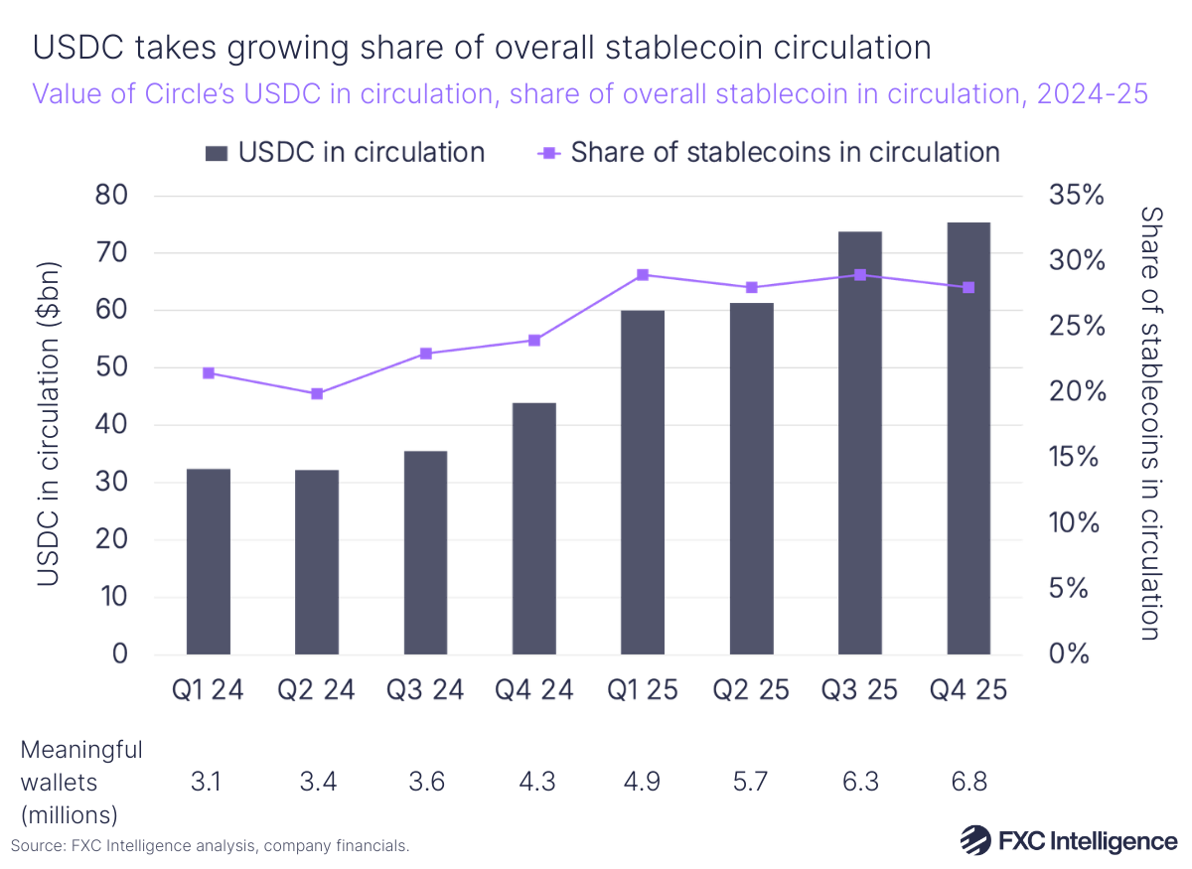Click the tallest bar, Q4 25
point(968,439)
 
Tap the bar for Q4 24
point(534,528)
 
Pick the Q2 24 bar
point(317,562)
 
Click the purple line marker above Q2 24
point(317,394)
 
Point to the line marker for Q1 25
point(643,275)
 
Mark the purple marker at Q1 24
point(209,373)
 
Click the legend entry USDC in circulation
point(344,152)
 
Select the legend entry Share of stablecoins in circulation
point(769,152)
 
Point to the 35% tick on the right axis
point(1077,195)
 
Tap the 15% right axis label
point(1077,458)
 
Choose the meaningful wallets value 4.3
point(534,782)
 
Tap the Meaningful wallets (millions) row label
point(81,782)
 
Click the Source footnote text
point(210,846)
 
